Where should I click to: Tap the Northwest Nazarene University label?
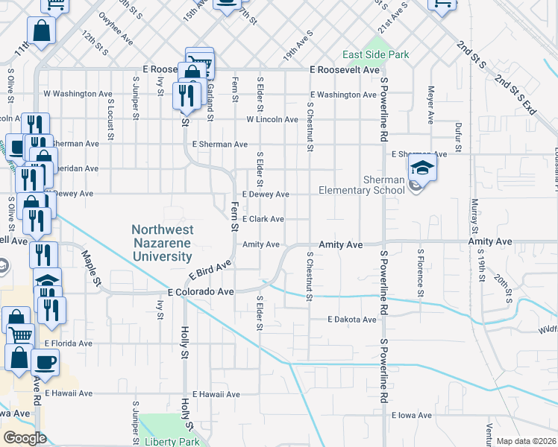click(162, 243)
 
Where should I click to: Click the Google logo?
click(25, 438)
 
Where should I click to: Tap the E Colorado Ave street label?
click(201, 292)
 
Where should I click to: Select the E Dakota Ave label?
click(353, 320)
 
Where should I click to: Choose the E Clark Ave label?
click(262, 219)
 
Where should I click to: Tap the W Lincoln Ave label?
click(273, 119)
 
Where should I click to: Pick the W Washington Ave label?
click(78, 94)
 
